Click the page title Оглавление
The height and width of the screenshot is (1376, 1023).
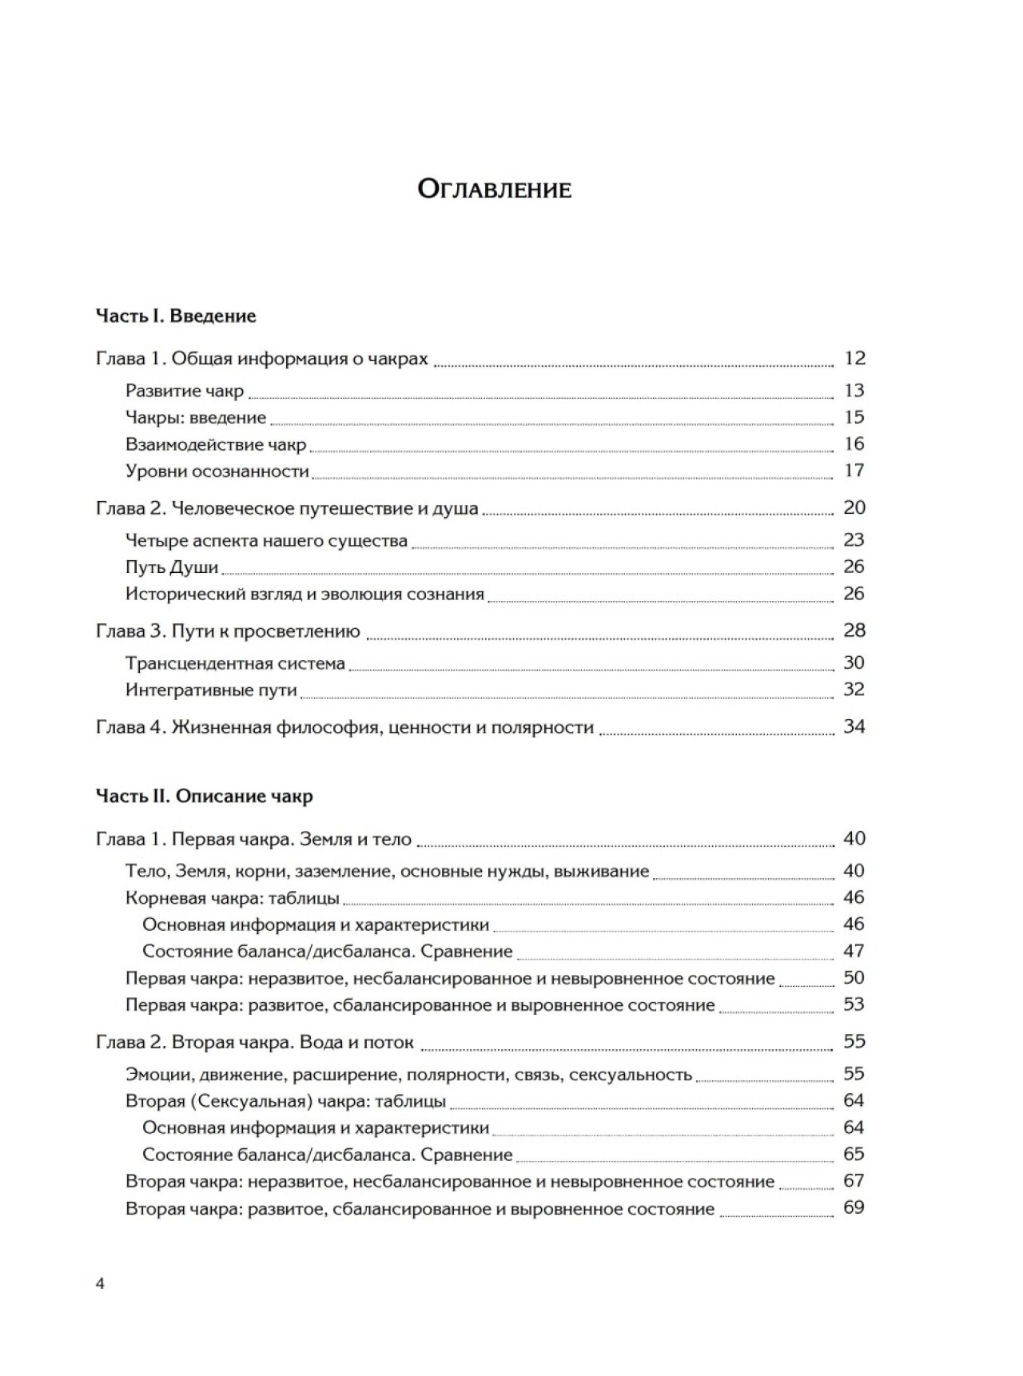[495, 190]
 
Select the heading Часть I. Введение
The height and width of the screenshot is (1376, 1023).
[176, 316]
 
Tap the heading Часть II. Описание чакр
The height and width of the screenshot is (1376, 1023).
[204, 796]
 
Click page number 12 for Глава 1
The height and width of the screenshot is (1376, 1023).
[854, 359]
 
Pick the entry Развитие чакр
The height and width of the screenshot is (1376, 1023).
[185, 391]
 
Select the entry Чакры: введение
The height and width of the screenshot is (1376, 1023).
[196, 417]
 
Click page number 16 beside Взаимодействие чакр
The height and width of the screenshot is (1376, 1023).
[854, 444]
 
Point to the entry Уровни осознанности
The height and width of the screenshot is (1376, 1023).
[217, 471]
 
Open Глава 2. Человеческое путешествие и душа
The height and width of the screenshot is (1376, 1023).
[287, 508]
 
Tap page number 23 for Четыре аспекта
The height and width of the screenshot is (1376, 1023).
[854, 540]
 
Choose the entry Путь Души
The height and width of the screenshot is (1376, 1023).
[172, 567]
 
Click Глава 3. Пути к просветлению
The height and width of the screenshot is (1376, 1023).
[228, 631]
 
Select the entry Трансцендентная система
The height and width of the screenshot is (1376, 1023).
[235, 663]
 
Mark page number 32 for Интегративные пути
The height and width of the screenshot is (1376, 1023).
[854, 690]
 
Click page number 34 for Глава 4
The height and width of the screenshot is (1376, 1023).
[854, 727]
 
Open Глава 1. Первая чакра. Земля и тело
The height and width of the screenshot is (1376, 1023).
[253, 839]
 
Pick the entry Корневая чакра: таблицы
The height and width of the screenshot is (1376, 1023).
[233, 898]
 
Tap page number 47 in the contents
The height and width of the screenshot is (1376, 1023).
[854, 951]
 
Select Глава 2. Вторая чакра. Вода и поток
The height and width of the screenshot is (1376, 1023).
[255, 1042]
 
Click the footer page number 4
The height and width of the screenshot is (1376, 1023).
[100, 1284]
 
